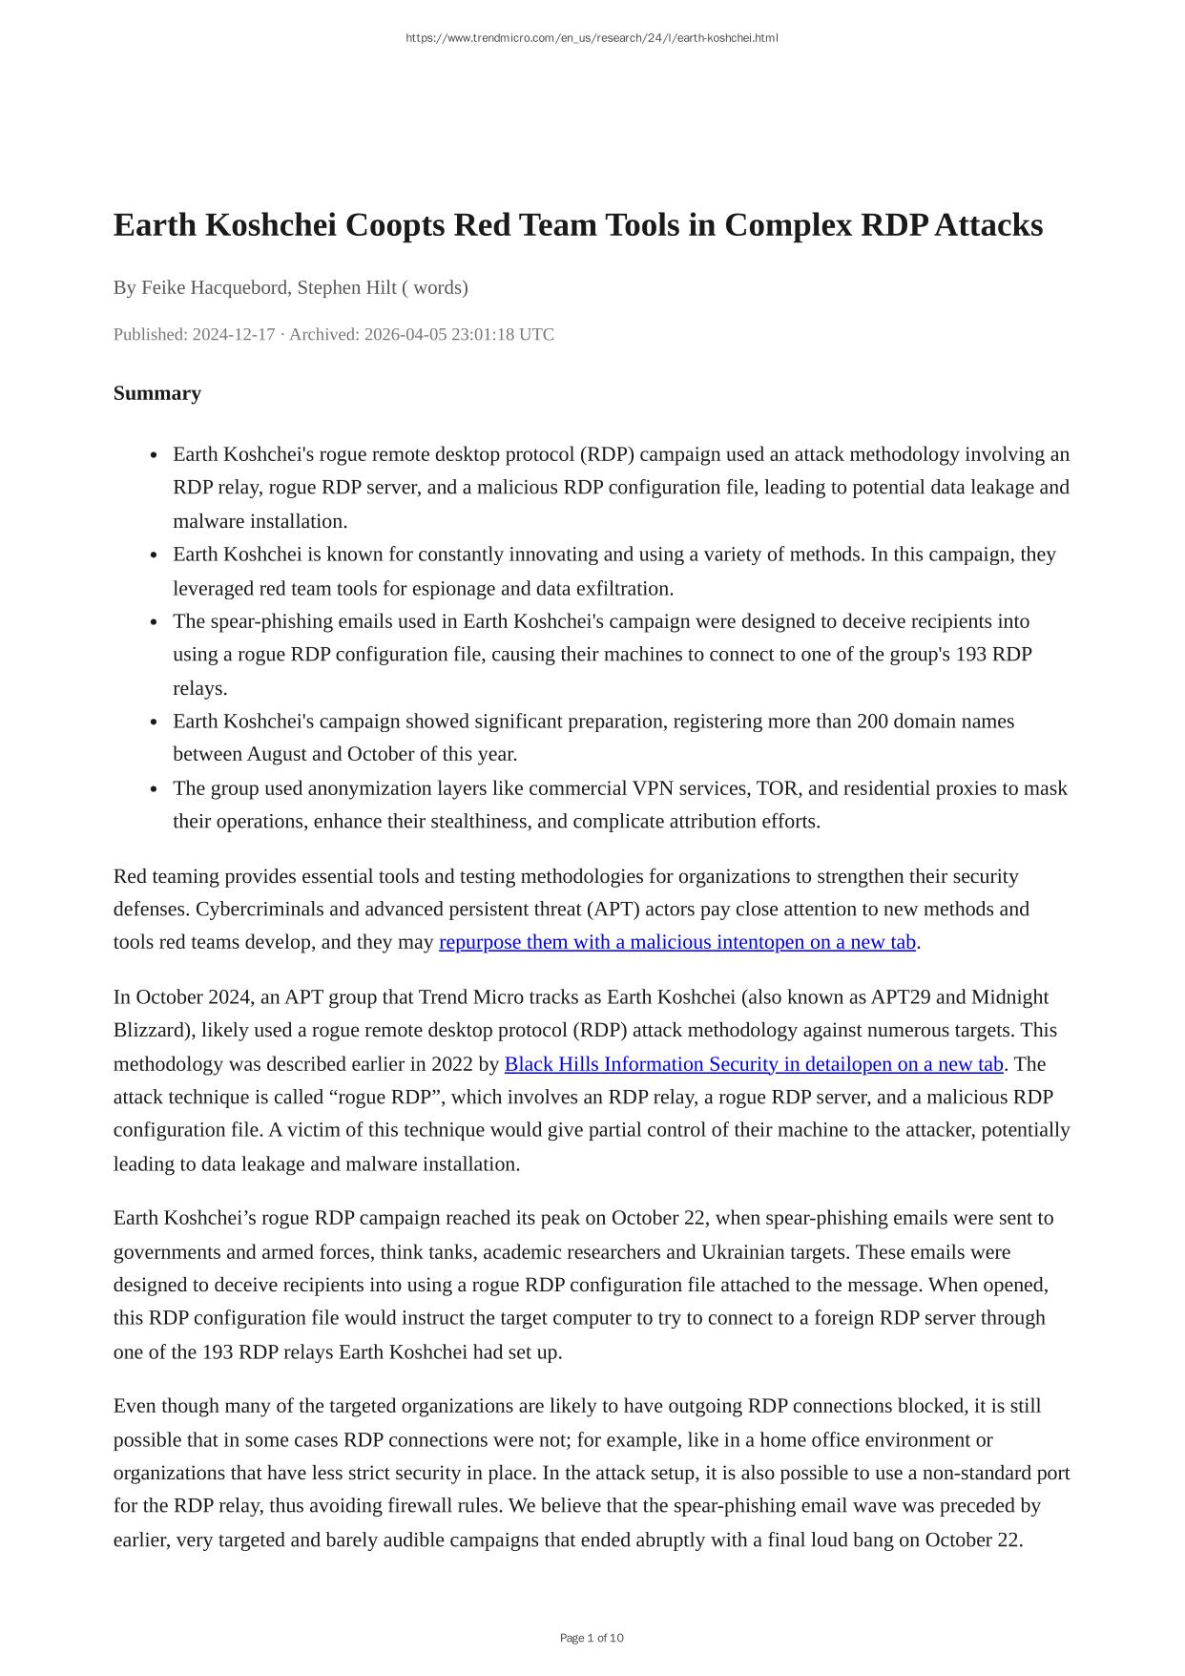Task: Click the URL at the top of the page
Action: tap(592, 38)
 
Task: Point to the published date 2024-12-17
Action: tap(234, 334)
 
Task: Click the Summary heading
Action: tap(157, 393)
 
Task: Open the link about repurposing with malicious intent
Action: tap(676, 942)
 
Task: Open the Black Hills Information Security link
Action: tap(753, 1064)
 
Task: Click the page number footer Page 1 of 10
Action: tap(592, 1638)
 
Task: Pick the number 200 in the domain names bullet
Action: tap(872, 721)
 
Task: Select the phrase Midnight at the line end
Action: tap(1009, 997)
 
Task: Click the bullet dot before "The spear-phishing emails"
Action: tap(154, 622)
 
